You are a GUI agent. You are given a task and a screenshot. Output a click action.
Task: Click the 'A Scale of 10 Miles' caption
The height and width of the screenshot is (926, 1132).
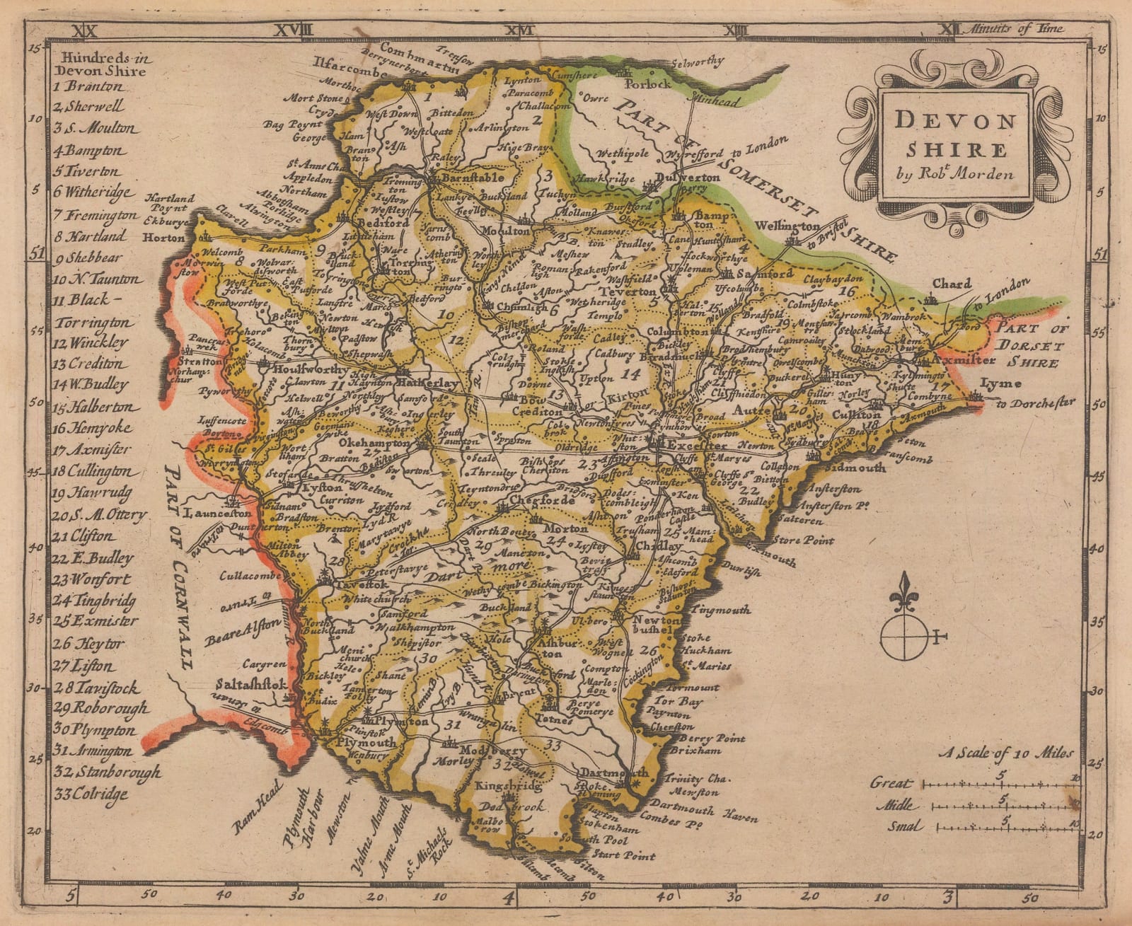coord(1005,753)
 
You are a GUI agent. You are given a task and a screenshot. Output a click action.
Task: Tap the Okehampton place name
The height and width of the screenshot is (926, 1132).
coord(374,443)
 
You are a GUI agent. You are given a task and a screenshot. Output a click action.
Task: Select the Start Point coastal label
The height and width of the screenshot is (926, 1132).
coord(630,855)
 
